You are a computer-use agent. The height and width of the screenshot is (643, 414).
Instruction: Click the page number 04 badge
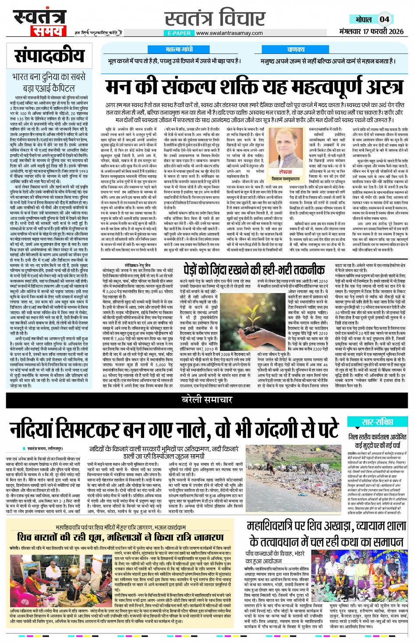click(x=384, y=19)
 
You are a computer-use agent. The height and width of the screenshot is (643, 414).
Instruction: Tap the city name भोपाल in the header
click(x=363, y=19)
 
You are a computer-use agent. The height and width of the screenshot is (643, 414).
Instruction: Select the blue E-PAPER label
click(x=179, y=33)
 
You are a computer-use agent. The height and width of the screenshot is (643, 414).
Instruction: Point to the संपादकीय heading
click(x=49, y=56)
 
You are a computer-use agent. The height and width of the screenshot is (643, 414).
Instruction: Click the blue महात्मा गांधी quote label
click(x=179, y=49)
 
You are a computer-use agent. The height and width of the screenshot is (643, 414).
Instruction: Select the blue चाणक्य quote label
click(x=296, y=49)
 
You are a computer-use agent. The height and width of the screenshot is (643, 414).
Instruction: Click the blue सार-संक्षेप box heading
click(x=377, y=422)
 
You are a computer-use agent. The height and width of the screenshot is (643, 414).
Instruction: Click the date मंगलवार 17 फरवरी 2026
click(x=372, y=32)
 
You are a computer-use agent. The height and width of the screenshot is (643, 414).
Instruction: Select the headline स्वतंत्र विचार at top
click(x=215, y=18)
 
